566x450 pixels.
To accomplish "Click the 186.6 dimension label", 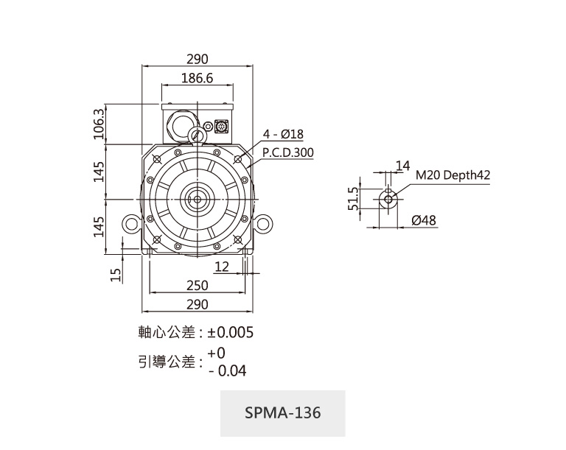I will [197, 78].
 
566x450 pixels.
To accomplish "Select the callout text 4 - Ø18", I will [283, 134].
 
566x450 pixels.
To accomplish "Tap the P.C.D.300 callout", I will [288, 152].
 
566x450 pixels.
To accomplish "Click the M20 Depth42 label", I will [453, 175].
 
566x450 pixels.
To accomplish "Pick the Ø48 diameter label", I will [424, 220].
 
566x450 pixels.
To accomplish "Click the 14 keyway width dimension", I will [402, 166].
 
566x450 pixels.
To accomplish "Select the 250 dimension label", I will [197, 285].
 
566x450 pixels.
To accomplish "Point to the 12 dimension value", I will [223, 266].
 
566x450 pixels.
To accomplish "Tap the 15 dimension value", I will [115, 275].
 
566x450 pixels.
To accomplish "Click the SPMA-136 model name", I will [282, 412].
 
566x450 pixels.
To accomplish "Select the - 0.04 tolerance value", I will [228, 370].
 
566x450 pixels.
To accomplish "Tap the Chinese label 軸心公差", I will [167, 333].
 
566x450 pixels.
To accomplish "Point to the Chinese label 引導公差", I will [167, 362].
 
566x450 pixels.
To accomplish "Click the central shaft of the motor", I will [197, 199].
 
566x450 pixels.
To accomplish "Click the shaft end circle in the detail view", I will [388, 199].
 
